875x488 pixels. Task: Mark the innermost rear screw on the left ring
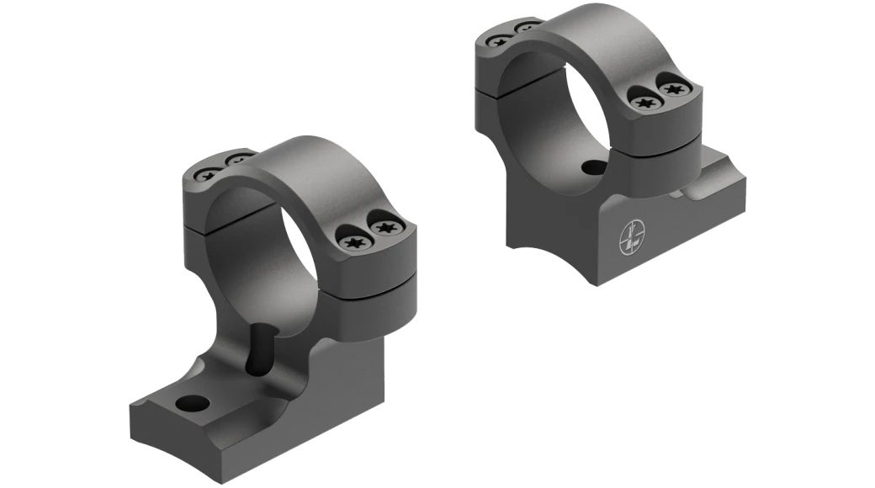pyautogui.click(x=238, y=157)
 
